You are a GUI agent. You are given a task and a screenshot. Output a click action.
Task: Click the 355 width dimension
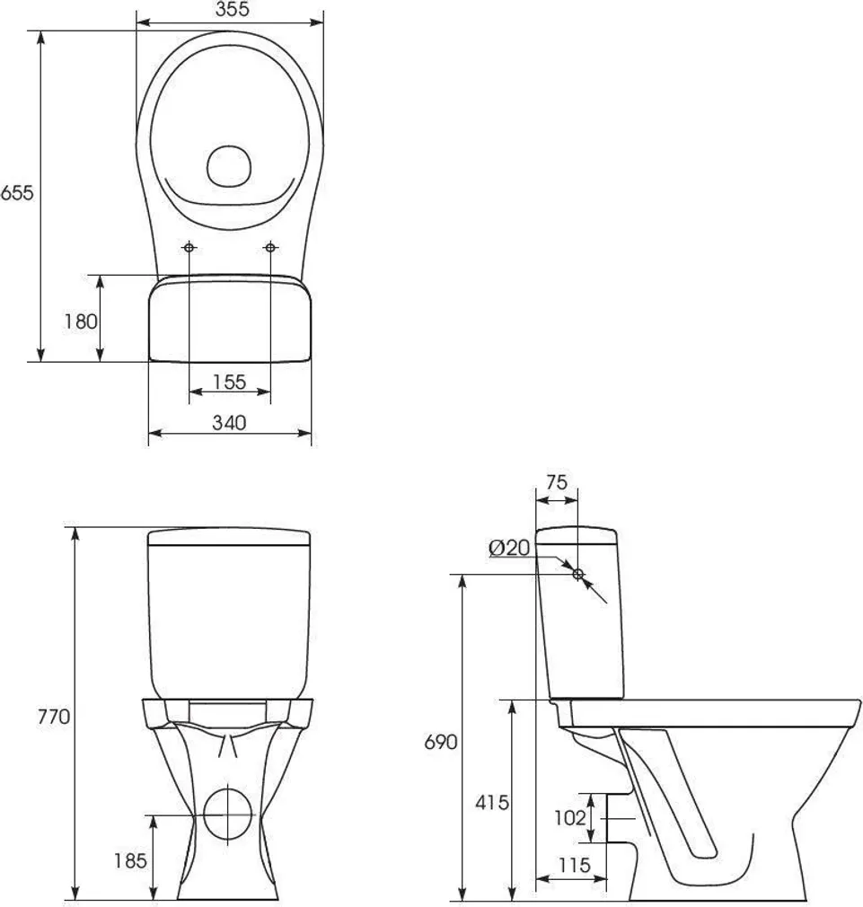[x=231, y=10]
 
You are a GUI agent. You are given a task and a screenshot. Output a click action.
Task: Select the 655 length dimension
[x=16, y=193]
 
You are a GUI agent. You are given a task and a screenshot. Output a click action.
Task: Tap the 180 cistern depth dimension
[x=80, y=321]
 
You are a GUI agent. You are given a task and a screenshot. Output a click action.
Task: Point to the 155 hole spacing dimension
[x=230, y=382]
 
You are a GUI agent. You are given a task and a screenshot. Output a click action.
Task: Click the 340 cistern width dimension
[x=229, y=422]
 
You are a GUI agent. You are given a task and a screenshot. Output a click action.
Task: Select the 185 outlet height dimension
[x=130, y=861]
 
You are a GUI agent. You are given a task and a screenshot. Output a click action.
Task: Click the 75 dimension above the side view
[x=557, y=482]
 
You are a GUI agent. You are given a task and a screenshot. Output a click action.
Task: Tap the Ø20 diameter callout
[x=509, y=548]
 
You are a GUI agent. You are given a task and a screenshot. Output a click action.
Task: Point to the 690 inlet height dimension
[x=441, y=742]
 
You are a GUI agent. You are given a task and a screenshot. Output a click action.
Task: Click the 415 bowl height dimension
[x=493, y=802]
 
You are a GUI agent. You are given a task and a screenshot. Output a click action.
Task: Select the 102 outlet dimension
[x=569, y=818]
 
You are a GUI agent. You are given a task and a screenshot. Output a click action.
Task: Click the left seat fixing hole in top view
[x=189, y=247]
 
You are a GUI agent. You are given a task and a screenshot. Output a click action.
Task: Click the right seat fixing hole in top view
[x=270, y=247]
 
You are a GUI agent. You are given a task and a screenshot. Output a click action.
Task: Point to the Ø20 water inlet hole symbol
[x=577, y=574]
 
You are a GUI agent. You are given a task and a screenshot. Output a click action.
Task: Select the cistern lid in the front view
[x=229, y=538]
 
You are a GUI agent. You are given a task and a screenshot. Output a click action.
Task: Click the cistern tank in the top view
[x=229, y=319]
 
